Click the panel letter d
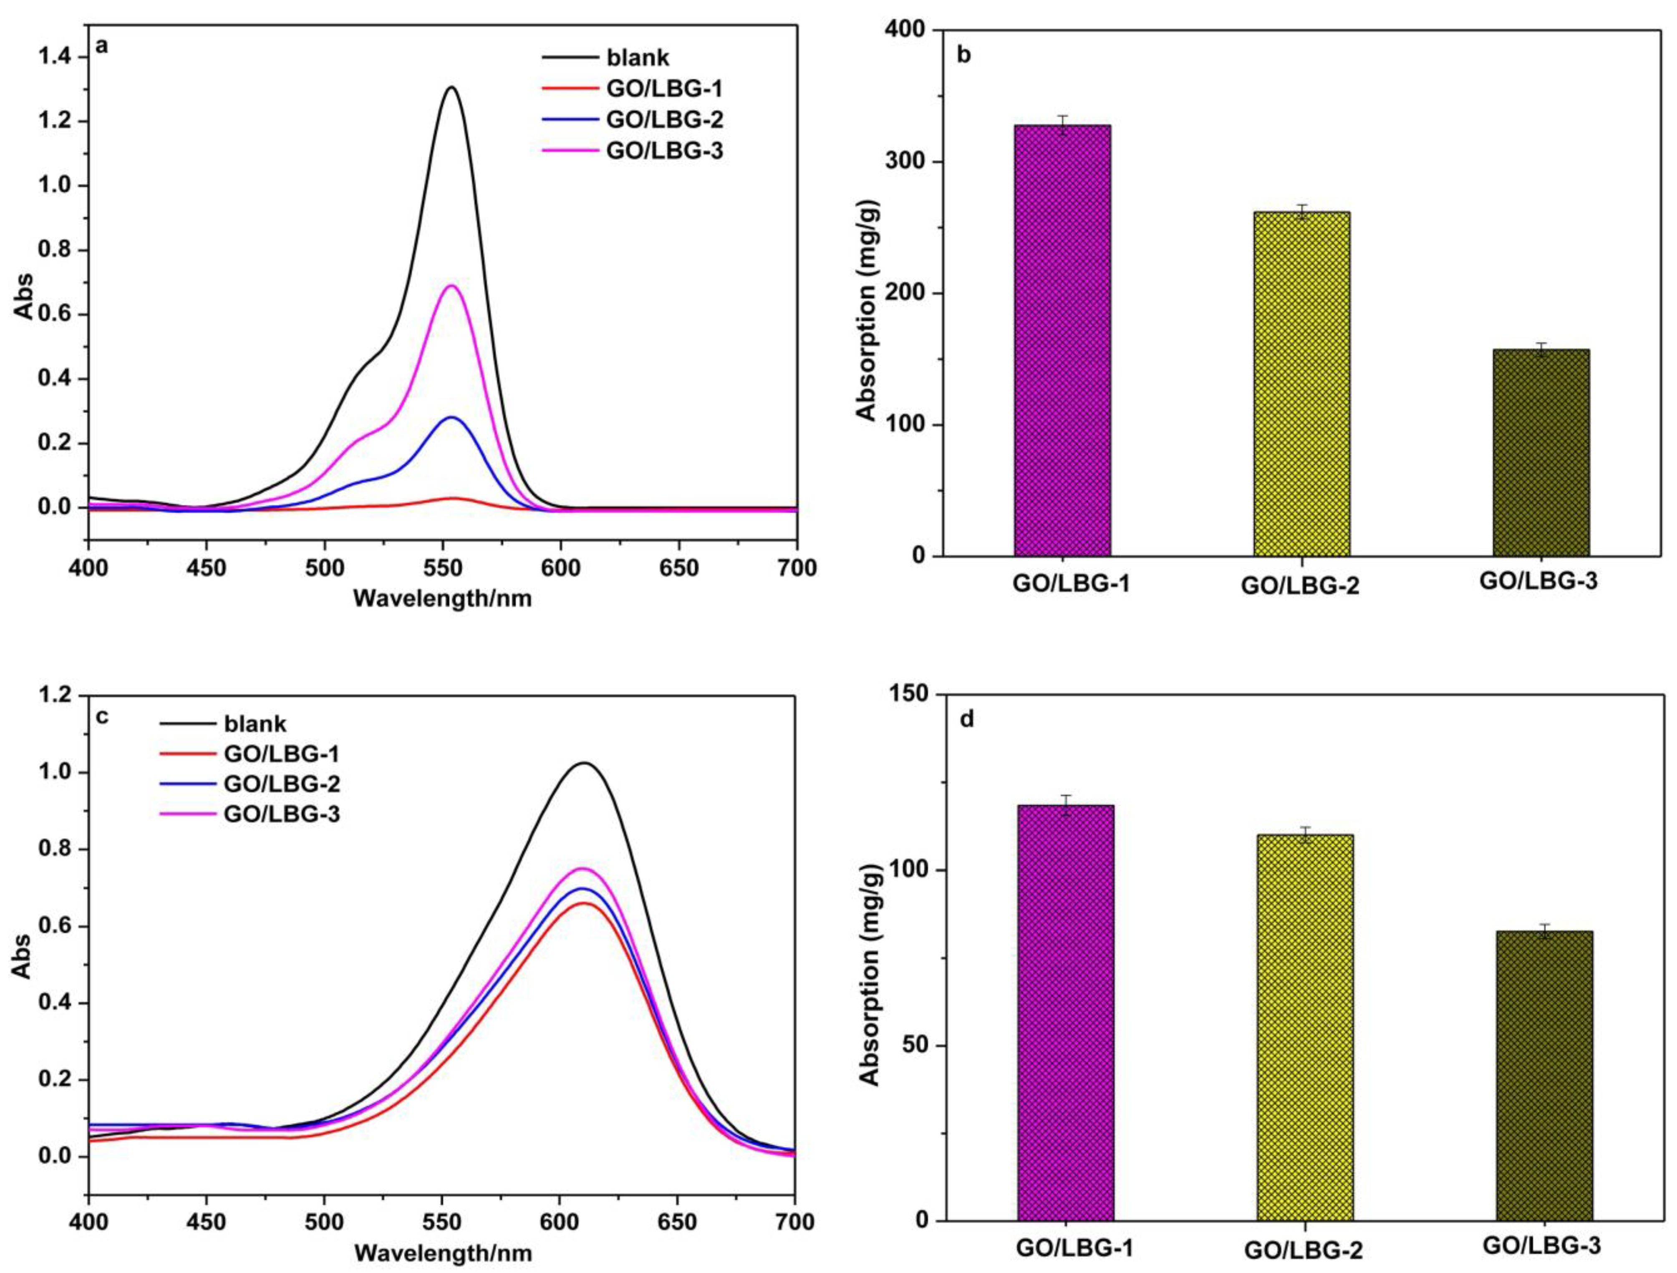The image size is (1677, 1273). click(967, 719)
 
